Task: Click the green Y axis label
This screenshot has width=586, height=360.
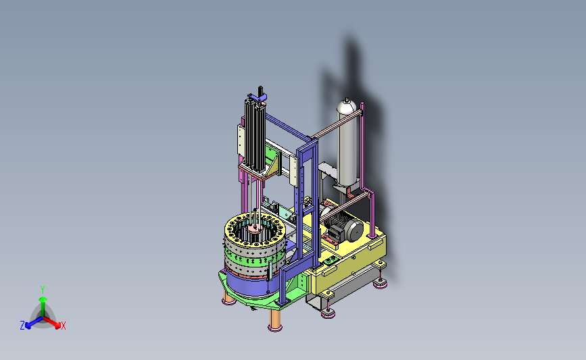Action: click(x=43, y=290)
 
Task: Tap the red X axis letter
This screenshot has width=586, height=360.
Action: click(x=63, y=326)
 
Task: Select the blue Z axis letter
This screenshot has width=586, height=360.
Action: click(x=22, y=326)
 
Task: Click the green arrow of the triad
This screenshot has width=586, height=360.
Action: click(x=43, y=306)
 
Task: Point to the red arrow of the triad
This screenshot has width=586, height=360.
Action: click(x=51, y=323)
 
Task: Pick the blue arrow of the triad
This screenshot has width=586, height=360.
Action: click(x=34, y=323)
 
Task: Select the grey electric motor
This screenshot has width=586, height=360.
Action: click(x=344, y=227)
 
